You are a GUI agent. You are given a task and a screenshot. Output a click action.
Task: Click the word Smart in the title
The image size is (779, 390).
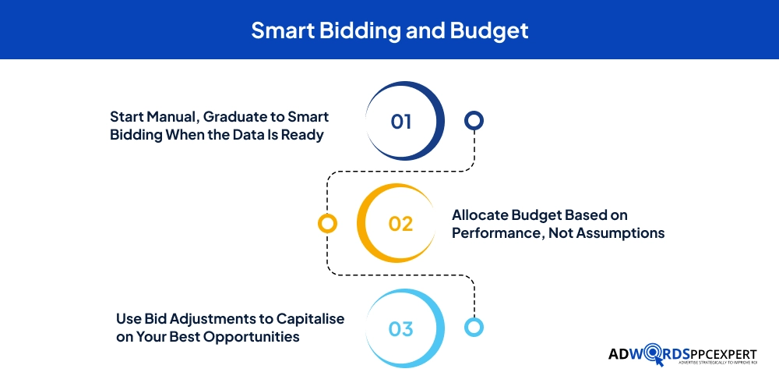[x=282, y=30]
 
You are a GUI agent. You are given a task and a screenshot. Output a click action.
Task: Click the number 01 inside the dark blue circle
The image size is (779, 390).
[x=401, y=122]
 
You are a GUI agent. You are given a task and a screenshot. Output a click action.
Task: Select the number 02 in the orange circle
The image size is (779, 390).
[x=400, y=224]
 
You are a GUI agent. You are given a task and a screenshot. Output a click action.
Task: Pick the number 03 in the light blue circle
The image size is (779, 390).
[x=401, y=329]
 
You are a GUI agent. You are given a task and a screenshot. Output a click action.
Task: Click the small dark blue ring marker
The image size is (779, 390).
[x=474, y=120]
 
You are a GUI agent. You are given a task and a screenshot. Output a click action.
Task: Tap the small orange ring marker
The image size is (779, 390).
[x=327, y=223]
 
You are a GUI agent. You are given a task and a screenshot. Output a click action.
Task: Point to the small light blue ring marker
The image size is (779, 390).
[x=474, y=327]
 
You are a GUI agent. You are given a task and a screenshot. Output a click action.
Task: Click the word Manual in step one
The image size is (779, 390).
[x=172, y=117]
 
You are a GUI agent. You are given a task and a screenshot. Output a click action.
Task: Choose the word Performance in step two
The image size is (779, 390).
[x=495, y=232]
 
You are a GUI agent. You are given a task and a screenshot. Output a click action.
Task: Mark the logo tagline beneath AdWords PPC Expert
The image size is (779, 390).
[x=717, y=363]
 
